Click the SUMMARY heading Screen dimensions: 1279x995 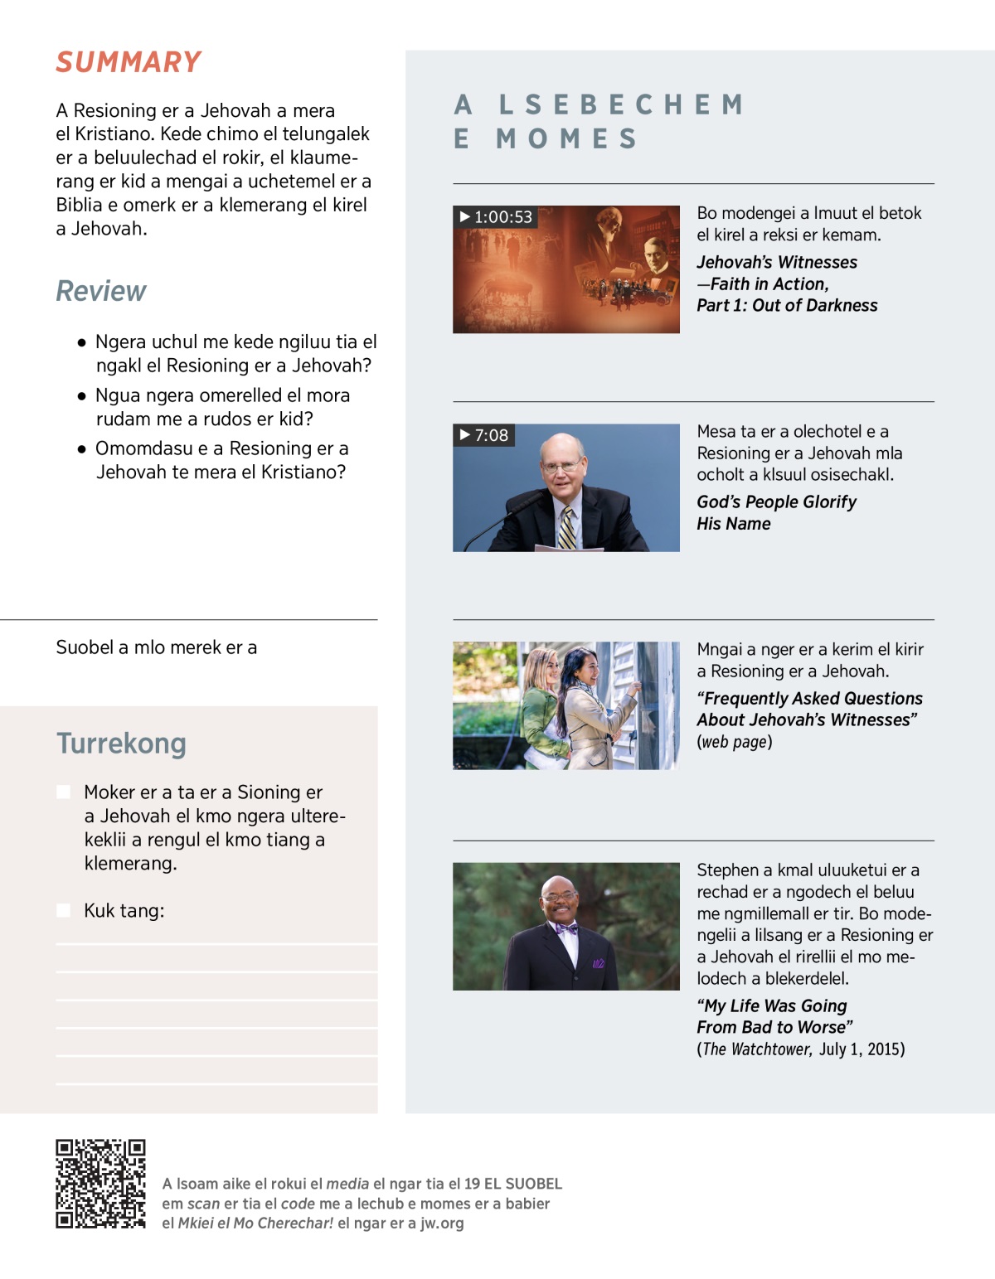tap(129, 62)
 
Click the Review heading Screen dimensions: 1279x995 tap(100, 291)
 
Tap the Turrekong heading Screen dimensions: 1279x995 tap(121, 744)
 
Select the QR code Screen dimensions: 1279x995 tap(100, 1183)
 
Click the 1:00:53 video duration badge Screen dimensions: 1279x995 tap(496, 217)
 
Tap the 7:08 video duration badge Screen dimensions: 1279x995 tap(484, 435)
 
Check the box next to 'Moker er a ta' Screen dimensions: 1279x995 tap(63, 792)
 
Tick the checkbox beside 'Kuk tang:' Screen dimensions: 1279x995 tap(63, 910)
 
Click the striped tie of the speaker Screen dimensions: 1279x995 tap(566, 529)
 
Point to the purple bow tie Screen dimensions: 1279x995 tap(566, 928)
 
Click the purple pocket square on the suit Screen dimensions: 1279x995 tap(598, 963)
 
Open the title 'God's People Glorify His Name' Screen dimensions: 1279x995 tap(776, 512)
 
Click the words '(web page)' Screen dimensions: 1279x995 tap(735, 742)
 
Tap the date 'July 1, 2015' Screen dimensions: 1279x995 tap(862, 1049)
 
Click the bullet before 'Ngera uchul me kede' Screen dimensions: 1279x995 tap(81, 342)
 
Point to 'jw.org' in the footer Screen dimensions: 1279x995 tap(441, 1223)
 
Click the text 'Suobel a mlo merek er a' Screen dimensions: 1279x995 tap(157, 647)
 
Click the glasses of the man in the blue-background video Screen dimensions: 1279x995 tap(561, 466)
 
